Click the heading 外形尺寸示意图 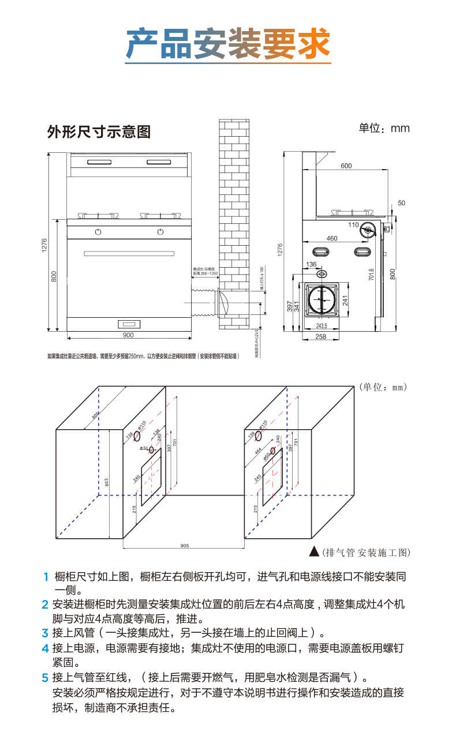99,132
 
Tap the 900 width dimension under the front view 128,335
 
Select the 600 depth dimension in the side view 345,166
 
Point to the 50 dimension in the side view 402,203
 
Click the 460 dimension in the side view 331,238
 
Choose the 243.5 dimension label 322,325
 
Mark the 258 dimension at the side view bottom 321,336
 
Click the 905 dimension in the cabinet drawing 185,545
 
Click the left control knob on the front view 98,232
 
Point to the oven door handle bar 129,253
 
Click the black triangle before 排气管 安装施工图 314,551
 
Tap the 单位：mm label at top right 384,127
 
